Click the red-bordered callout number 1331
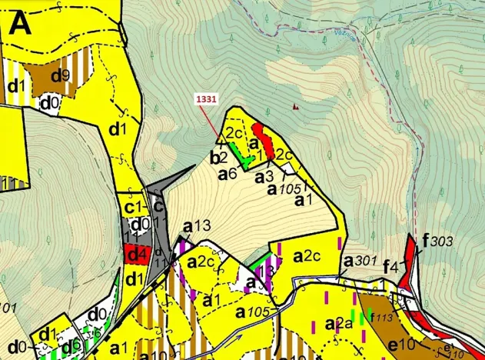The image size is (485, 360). click(x=205, y=99)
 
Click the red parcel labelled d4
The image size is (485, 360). click(x=137, y=253)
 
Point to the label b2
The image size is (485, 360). click(x=218, y=158)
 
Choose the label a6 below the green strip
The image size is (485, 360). click(x=227, y=175)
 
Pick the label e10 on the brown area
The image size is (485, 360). click(x=402, y=342)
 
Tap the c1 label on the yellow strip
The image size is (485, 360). click(x=135, y=207)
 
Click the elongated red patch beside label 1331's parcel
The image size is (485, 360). click(x=264, y=142)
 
